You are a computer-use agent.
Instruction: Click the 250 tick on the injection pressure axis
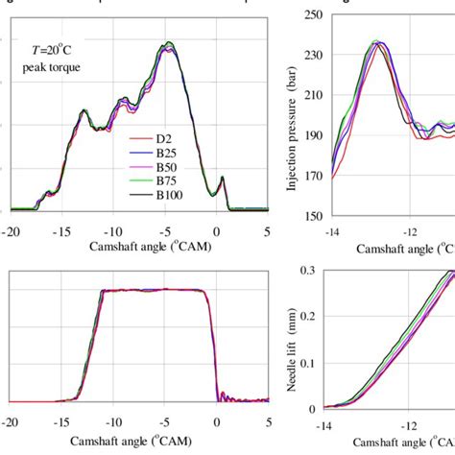[311, 14]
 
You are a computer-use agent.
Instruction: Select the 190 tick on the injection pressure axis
[311, 135]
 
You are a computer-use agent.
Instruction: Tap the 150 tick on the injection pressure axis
[311, 216]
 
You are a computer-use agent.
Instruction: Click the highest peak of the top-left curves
[169, 43]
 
